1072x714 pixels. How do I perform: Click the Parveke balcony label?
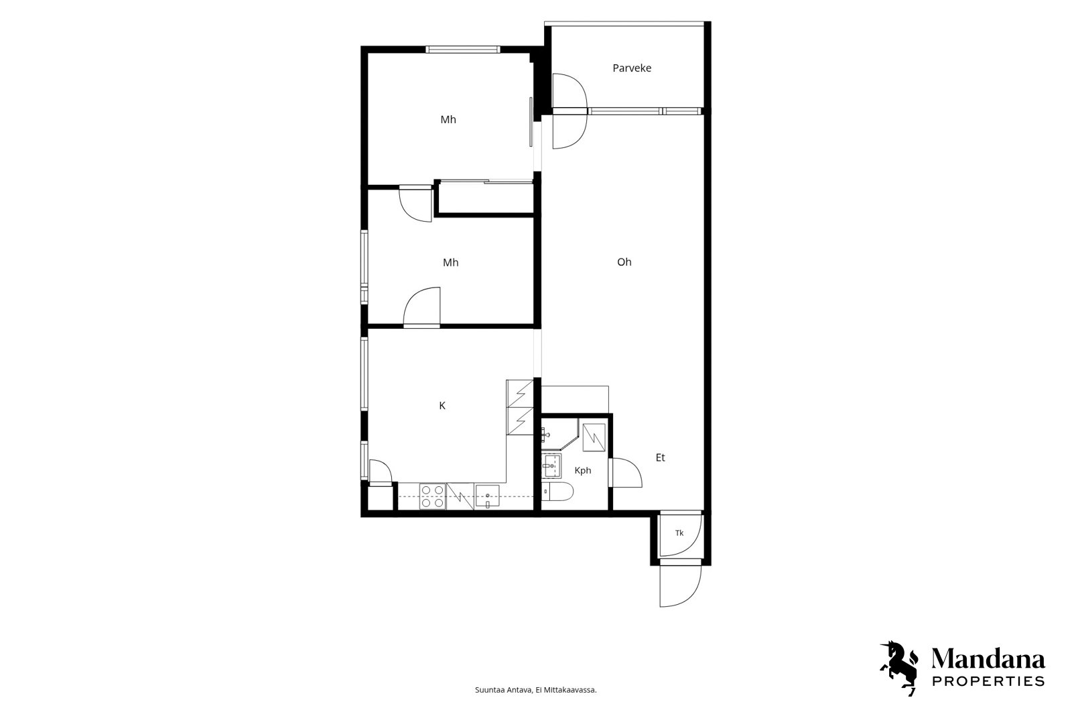pos(632,68)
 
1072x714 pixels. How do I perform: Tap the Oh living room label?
pos(624,262)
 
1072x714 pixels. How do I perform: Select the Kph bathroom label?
pos(582,470)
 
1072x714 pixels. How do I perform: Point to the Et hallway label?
pos(660,457)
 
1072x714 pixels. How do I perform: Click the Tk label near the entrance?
pos(679,532)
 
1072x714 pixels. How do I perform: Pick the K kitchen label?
pos(442,406)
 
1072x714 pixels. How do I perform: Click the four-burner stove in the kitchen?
pos(433,496)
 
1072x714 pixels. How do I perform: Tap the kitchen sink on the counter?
pos(488,496)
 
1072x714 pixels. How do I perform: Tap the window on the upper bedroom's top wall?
pos(463,50)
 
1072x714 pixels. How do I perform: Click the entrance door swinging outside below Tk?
pos(680,586)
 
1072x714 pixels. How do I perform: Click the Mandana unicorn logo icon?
pos(898,668)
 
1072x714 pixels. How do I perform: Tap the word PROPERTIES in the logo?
pos(988,681)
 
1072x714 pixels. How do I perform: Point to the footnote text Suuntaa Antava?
pos(503,690)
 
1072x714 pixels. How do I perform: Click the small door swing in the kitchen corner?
pos(381,472)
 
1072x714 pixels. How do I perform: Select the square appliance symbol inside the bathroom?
pos(594,438)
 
